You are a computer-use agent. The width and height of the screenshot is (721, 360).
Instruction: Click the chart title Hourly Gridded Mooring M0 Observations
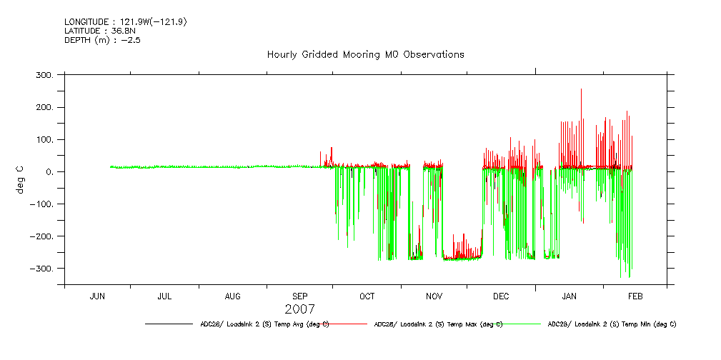coord(365,54)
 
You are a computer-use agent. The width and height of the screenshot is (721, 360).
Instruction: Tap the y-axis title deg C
coord(21,179)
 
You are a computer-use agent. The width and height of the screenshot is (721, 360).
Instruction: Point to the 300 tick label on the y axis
coord(45,75)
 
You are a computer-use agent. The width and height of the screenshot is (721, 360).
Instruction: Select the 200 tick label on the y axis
coord(45,107)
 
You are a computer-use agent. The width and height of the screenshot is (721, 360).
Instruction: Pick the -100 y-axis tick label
coord(42,204)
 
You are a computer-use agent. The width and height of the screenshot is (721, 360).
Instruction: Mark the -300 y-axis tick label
coord(42,269)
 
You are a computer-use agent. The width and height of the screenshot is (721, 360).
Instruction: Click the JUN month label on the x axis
coord(97,296)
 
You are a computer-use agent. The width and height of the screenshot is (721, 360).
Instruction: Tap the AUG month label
coord(233,296)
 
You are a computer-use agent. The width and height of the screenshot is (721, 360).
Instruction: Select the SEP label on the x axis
coord(300,296)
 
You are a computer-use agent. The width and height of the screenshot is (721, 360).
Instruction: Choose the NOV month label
coord(434,296)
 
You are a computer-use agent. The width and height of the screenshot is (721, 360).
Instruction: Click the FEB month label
coord(635,296)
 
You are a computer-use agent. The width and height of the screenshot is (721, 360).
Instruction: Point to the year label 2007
coord(299,309)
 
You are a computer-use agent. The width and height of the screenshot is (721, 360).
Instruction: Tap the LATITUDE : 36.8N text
coord(99,31)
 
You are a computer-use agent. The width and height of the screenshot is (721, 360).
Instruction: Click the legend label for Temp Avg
coord(264,324)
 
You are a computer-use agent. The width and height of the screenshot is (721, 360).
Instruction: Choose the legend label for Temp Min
coord(612,324)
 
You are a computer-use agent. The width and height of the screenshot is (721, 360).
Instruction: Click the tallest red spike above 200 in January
coord(581,91)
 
